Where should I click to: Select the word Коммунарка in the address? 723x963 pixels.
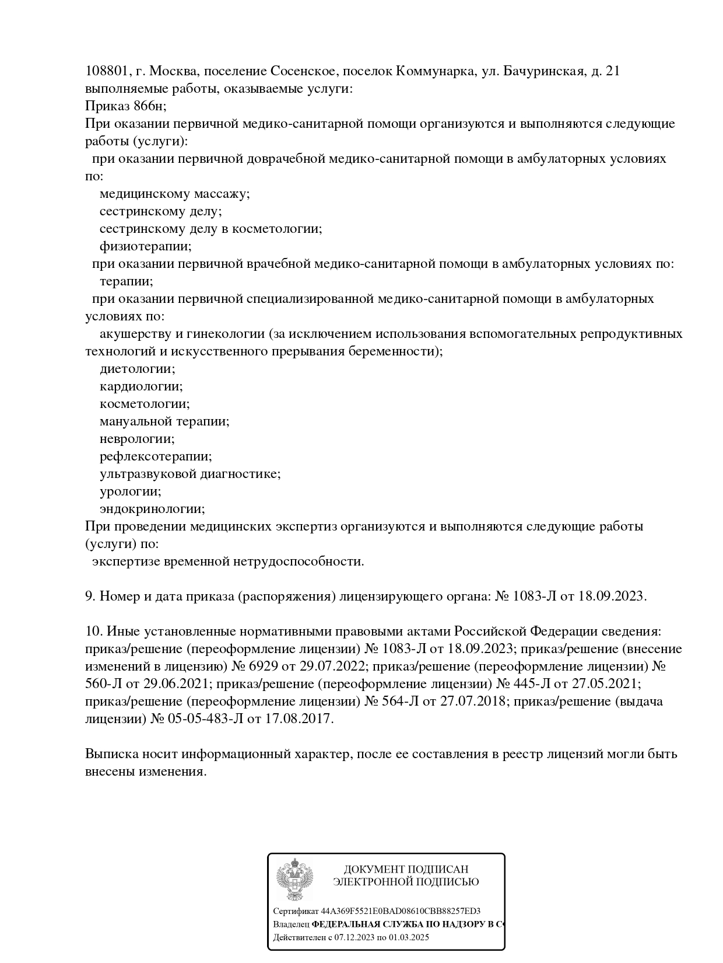[x=434, y=71]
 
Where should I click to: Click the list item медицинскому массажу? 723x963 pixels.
[x=174, y=194]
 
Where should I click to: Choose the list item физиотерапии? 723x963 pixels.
[x=145, y=246]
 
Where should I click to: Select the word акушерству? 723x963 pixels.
[x=132, y=334]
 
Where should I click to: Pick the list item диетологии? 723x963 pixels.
[x=138, y=369]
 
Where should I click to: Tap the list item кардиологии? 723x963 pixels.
[x=141, y=386]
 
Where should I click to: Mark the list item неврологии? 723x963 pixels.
[x=137, y=439]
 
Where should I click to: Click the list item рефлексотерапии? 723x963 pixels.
[x=156, y=456]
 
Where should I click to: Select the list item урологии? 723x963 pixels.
[x=131, y=491]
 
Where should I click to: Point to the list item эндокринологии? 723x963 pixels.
[x=152, y=509]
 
